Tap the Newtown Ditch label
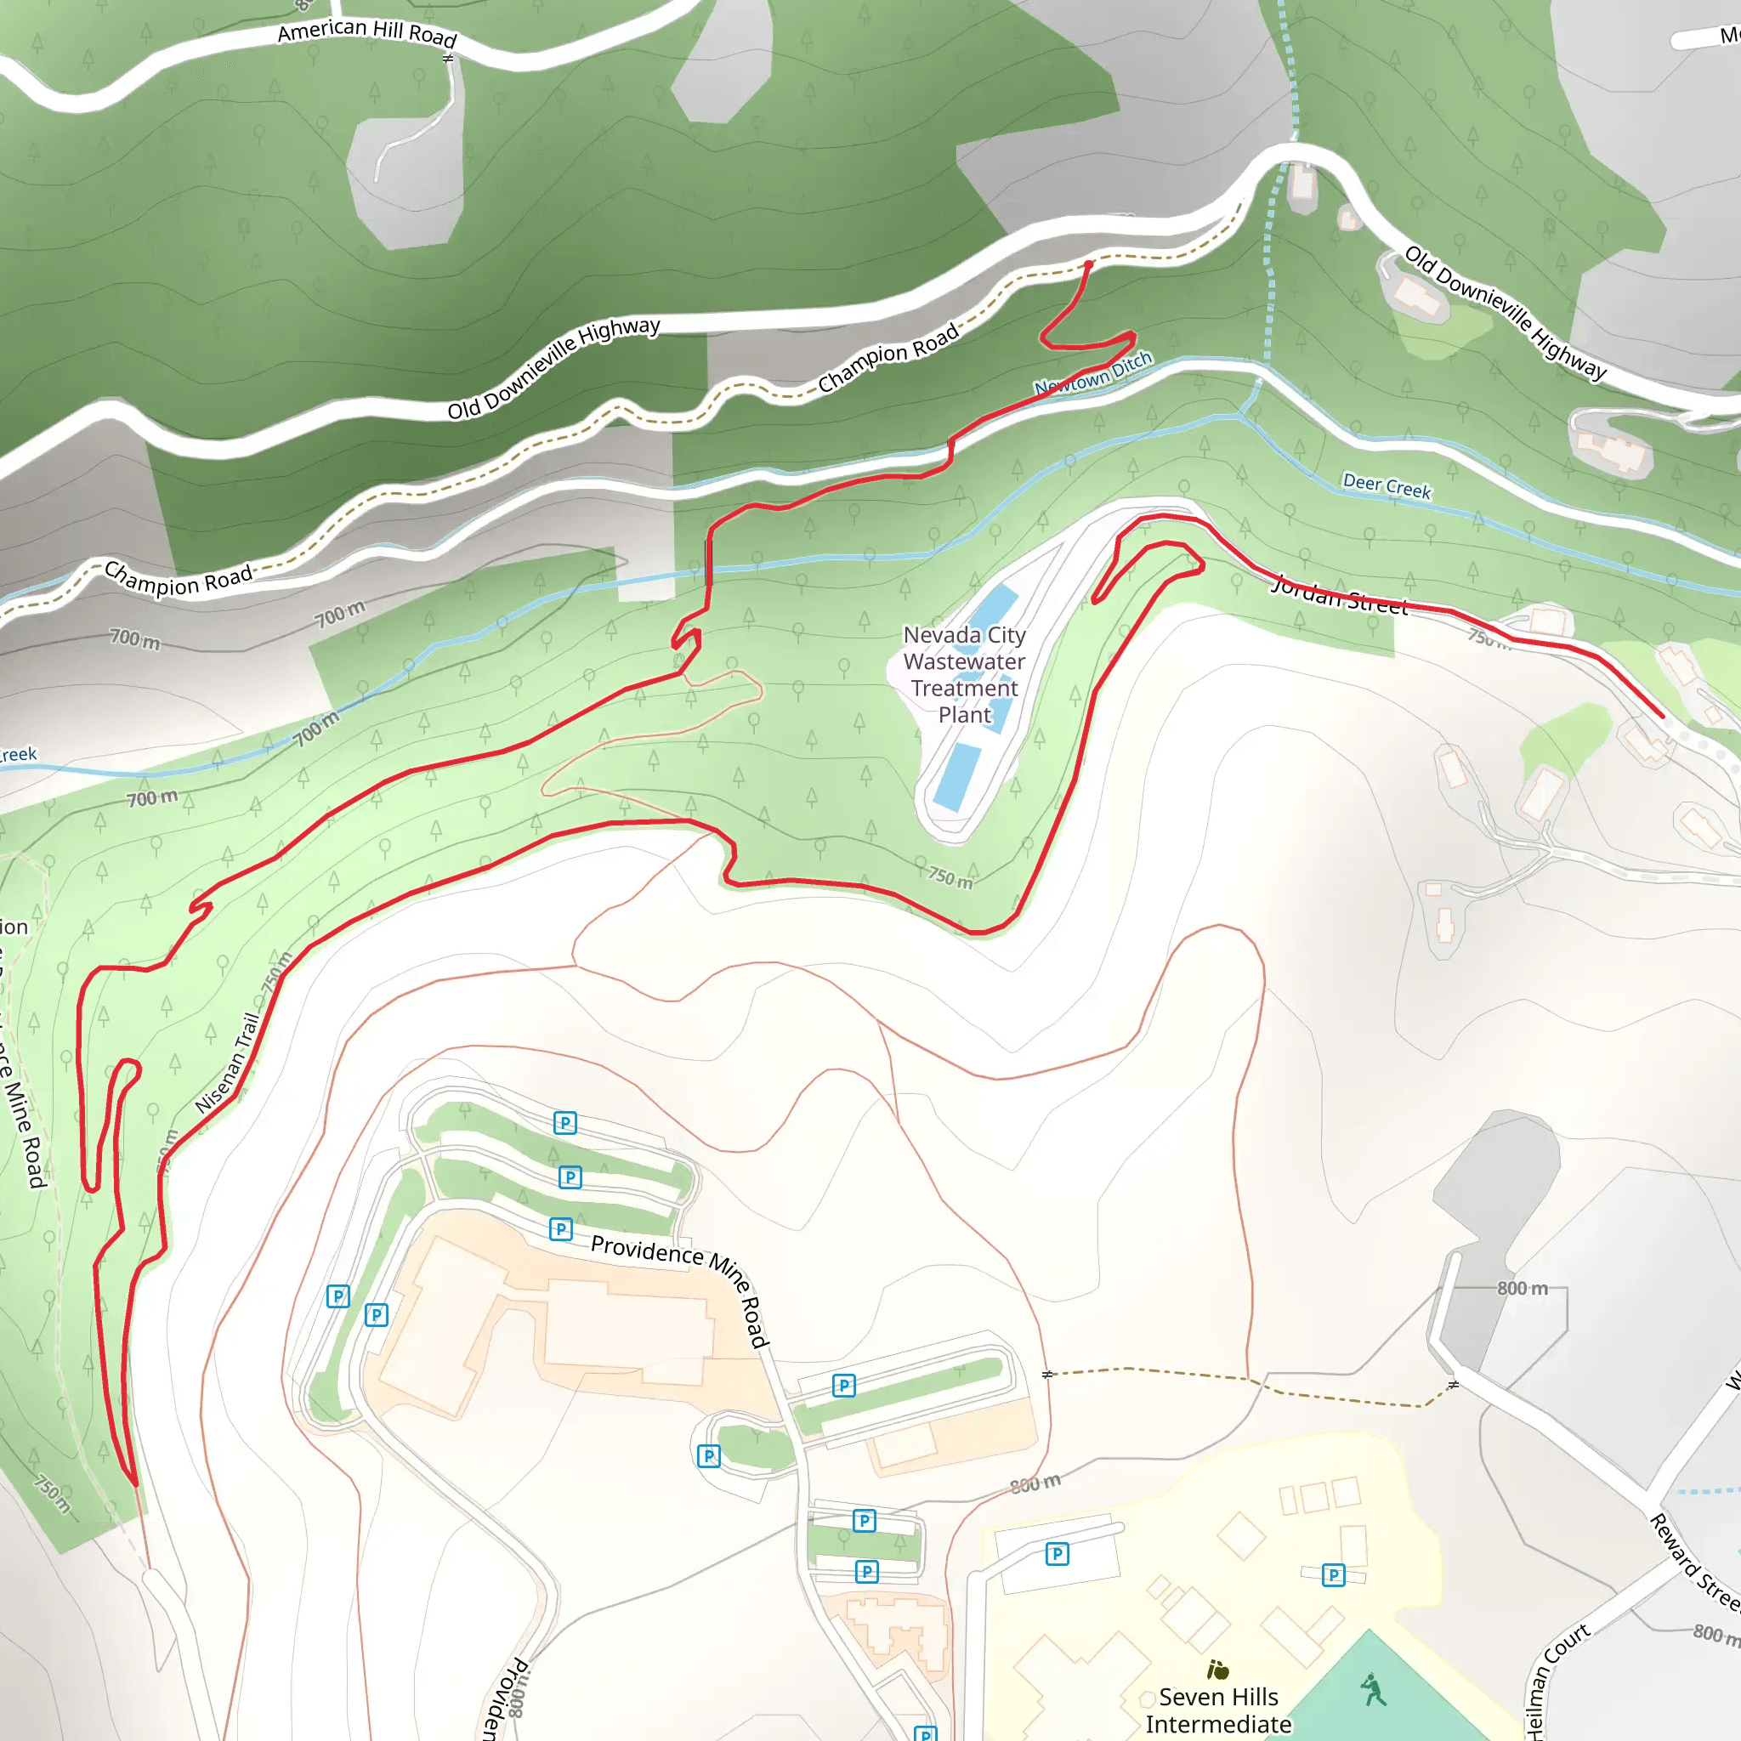[1093, 373]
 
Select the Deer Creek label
[1386, 486]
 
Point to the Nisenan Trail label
[227, 1063]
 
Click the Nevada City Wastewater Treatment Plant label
[964, 674]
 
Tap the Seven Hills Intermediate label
[1217, 1710]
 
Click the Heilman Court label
[1559, 1680]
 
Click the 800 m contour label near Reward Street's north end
[1522, 1289]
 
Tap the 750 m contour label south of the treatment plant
[950, 876]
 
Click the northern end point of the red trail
[1089, 265]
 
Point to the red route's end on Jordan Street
[1662, 717]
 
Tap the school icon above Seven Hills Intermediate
[1217, 1670]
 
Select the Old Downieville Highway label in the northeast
[1506, 313]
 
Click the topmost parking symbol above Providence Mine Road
[565, 1123]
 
